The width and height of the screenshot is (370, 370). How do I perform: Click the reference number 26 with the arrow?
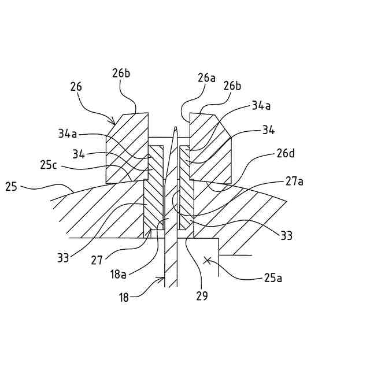point(76,87)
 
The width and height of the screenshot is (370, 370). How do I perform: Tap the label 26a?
point(206,77)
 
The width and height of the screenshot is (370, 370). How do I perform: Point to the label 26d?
point(285,154)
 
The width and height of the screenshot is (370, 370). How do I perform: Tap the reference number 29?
point(201,296)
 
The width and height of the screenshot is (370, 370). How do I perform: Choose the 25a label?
point(273,278)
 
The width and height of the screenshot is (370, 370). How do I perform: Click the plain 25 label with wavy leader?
point(11,187)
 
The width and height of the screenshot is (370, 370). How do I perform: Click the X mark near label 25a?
point(207,260)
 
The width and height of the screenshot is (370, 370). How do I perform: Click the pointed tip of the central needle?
point(174,127)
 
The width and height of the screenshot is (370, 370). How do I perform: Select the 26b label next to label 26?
point(121,74)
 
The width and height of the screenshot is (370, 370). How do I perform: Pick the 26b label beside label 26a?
point(232,86)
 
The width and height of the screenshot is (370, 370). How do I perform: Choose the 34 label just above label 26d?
point(268,130)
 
